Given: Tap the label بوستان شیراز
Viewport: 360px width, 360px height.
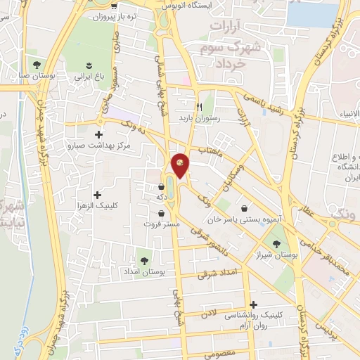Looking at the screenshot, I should click(x=295, y=256).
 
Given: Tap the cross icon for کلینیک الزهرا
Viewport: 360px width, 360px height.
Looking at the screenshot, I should click(x=97, y=194).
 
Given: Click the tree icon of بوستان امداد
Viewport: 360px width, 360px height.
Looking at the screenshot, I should click(x=144, y=259).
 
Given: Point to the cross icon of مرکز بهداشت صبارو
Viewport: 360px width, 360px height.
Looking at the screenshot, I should click(x=97, y=134).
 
